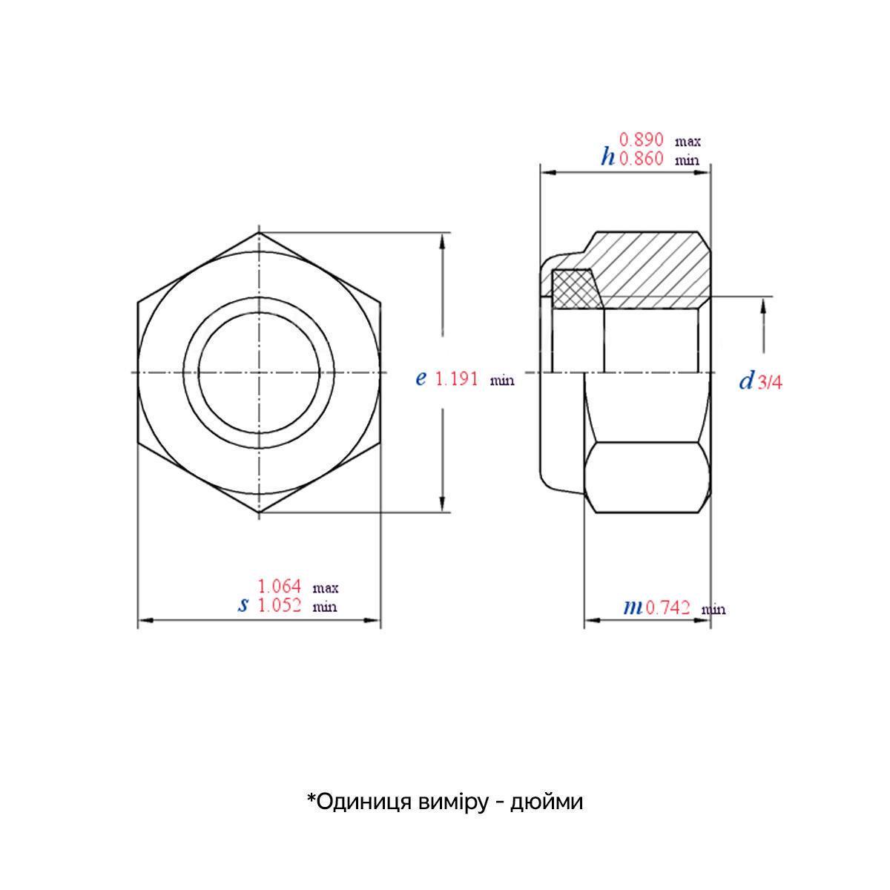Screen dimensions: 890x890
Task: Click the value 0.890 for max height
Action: [x=642, y=139]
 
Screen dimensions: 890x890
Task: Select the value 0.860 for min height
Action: [x=642, y=158]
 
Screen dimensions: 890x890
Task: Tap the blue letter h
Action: [x=608, y=156]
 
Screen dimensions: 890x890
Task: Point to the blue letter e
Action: [x=421, y=379]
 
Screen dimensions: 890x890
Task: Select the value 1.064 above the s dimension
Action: [x=280, y=586]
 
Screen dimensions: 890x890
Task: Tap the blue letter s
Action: [x=243, y=605]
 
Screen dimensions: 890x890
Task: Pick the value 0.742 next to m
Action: [x=668, y=608]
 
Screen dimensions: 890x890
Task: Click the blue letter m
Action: [x=633, y=608]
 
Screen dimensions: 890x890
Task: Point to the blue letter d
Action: [x=746, y=381]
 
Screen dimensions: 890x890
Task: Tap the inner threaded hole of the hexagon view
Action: [x=259, y=372]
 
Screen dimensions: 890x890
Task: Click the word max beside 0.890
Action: [x=688, y=140]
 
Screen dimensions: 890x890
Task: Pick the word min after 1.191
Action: [x=502, y=381]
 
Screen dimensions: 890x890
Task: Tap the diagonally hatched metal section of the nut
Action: [x=653, y=271]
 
